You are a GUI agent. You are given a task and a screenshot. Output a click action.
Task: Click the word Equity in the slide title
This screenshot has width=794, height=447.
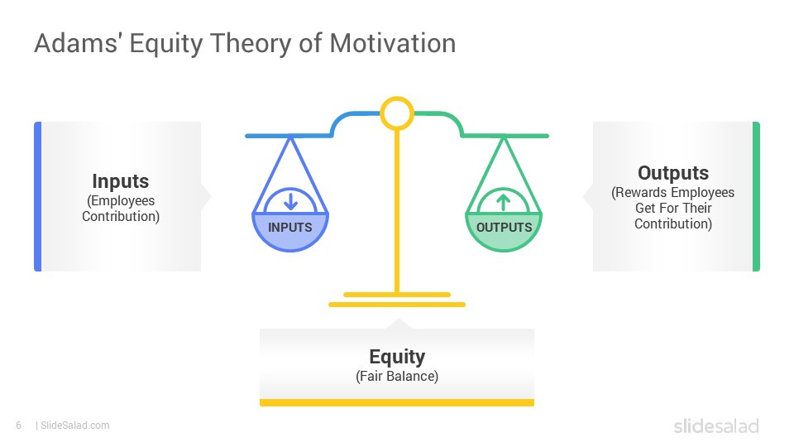tap(166, 44)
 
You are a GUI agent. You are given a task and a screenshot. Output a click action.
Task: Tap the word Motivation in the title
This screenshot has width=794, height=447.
tap(392, 43)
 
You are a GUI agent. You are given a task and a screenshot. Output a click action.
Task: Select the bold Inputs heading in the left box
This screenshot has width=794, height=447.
tap(121, 181)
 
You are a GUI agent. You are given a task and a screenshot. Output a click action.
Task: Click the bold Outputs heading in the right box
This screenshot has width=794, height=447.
tap(673, 173)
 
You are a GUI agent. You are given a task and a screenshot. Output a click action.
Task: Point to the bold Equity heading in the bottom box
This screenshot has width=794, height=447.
tap(397, 358)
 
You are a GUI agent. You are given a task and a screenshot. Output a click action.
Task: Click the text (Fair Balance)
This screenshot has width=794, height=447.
tap(397, 376)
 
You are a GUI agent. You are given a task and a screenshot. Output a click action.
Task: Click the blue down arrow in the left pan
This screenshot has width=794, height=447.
tap(290, 200)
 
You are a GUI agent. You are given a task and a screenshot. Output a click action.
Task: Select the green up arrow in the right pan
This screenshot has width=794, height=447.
tap(504, 202)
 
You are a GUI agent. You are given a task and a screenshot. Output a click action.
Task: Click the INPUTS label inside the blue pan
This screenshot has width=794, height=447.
tap(290, 228)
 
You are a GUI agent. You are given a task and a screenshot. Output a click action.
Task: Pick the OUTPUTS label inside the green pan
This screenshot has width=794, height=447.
tap(504, 228)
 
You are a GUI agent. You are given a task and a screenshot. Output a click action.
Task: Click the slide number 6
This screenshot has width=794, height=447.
tap(19, 425)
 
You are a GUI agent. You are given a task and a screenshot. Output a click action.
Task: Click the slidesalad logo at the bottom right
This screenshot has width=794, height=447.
tap(716, 425)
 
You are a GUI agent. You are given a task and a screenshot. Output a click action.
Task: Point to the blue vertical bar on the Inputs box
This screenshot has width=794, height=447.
tap(37, 197)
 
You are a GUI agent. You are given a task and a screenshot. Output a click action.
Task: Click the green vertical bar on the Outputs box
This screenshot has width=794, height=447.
tap(756, 197)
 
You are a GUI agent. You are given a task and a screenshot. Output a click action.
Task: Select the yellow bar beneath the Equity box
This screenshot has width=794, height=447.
tap(397, 402)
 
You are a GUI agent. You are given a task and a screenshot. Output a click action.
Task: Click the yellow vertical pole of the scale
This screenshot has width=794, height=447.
tap(397, 211)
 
